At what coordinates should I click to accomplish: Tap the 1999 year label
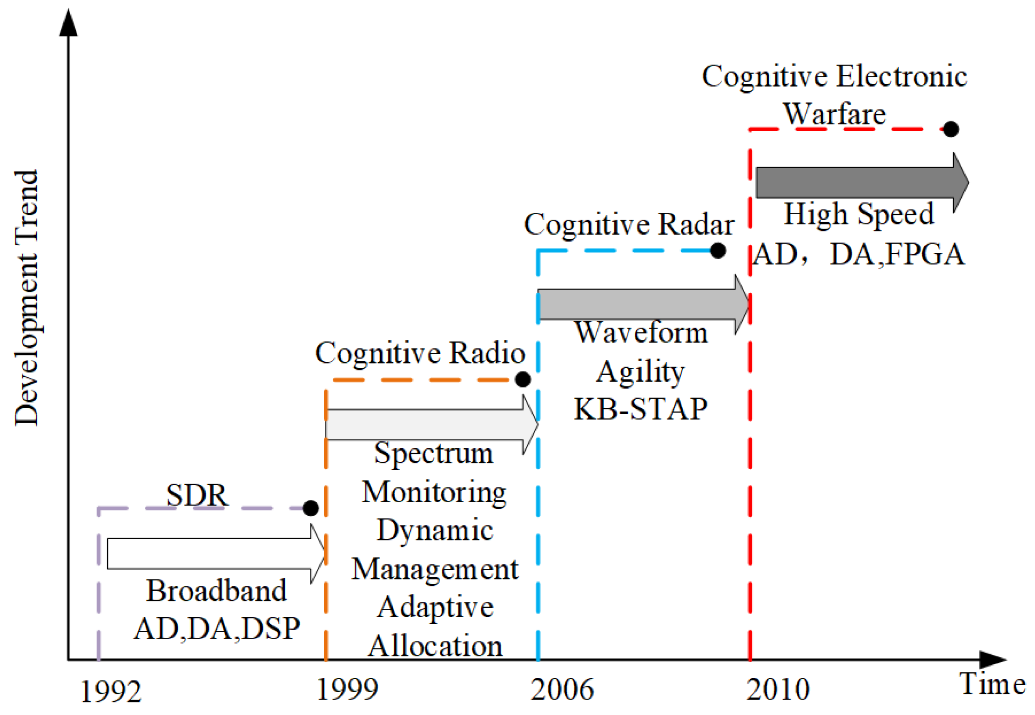[x=347, y=689]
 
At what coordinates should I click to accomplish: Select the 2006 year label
[x=562, y=689]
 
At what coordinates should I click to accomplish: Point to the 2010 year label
[x=778, y=689]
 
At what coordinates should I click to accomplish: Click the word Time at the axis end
[x=992, y=684]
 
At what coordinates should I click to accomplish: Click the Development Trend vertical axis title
[x=27, y=298]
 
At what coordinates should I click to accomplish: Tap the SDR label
[x=197, y=495]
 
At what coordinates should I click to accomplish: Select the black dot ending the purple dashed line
[x=310, y=508]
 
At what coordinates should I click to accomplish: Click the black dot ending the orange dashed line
[x=523, y=379]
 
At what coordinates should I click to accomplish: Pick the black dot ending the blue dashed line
[x=718, y=250]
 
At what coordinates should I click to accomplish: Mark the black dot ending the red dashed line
[x=950, y=129]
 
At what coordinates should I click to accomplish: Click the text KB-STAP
[x=640, y=409]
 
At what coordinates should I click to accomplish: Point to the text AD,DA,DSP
[x=217, y=628]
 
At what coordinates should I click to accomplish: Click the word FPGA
[x=925, y=254]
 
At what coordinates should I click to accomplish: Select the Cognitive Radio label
[x=420, y=353]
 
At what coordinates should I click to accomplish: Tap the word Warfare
[x=834, y=114]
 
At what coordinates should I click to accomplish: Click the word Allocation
[x=435, y=646]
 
